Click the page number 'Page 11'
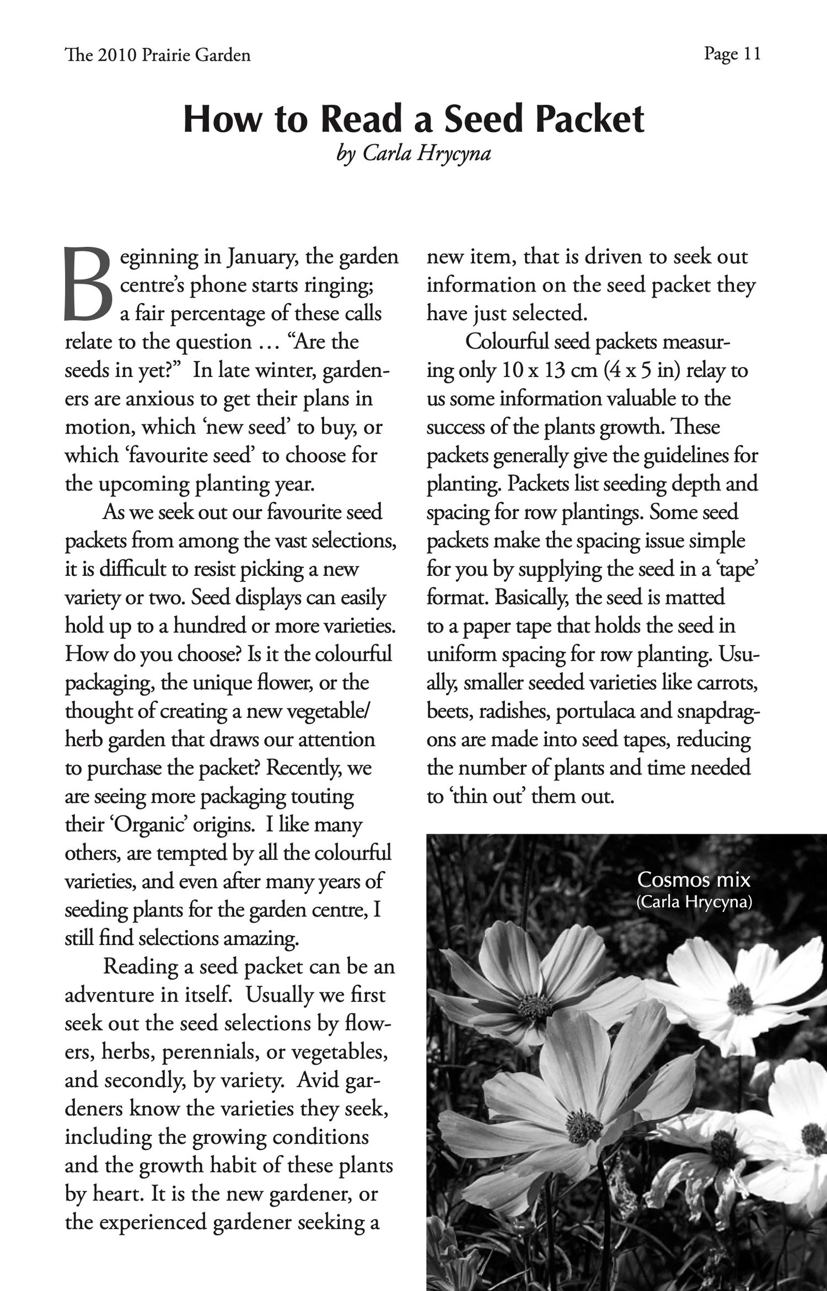click(x=732, y=54)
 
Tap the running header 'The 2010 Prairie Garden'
click(x=158, y=55)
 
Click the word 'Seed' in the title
click(x=483, y=120)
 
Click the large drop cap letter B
click(x=88, y=285)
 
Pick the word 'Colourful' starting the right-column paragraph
click(x=507, y=342)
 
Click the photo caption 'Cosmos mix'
click(x=694, y=879)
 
